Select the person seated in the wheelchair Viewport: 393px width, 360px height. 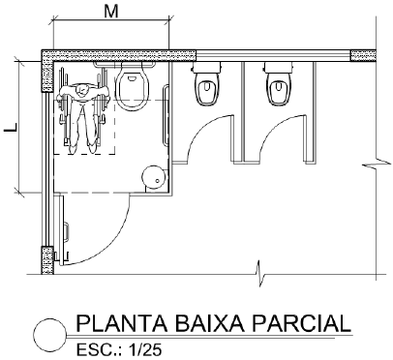(82, 114)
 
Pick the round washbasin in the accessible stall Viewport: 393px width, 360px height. (152, 176)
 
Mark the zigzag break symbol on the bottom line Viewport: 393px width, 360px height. (257, 270)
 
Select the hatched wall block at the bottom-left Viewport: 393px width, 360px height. (46, 258)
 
